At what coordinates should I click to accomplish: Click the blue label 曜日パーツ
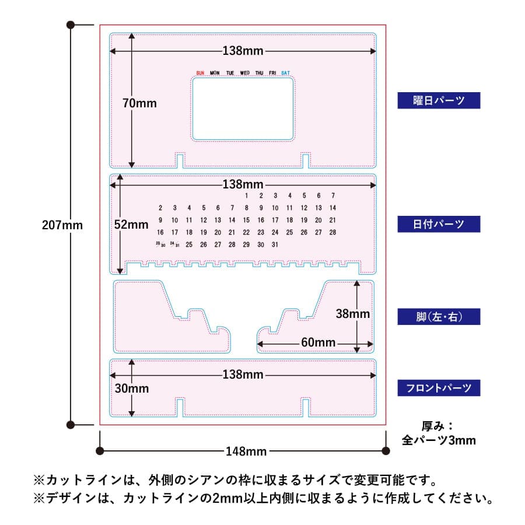(439, 100)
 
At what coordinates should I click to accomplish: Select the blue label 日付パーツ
(439, 224)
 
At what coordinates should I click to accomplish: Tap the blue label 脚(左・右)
(439, 317)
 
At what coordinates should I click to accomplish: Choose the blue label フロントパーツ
(439, 387)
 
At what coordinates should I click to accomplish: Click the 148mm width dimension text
(246, 451)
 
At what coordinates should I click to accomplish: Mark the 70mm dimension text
(139, 103)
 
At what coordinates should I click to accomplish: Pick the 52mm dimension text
(131, 224)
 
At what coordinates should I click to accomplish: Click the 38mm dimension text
(352, 314)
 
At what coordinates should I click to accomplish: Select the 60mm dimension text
(318, 342)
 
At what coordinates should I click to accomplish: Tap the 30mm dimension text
(131, 388)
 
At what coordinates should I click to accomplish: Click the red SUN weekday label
(200, 73)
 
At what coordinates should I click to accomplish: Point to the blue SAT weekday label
(285, 73)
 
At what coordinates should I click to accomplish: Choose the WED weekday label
(245, 73)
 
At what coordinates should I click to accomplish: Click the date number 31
(275, 244)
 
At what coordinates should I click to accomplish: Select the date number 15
(246, 220)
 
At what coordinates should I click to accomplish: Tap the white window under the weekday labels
(243, 109)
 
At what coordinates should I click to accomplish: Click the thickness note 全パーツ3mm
(439, 440)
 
